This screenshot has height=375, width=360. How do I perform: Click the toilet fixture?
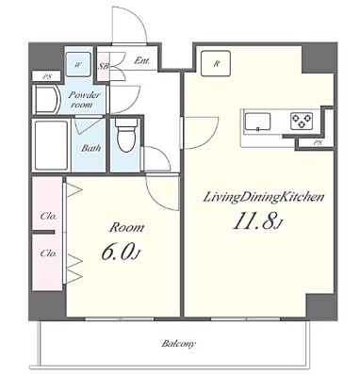coord(126,135)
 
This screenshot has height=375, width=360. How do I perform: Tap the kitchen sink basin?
coord(257,122)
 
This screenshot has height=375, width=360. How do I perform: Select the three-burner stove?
coord(302,121)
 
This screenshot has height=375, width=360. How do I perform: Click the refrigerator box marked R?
coord(216,64)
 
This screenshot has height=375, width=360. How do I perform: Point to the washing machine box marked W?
coord(78,64)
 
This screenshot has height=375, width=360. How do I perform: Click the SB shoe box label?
coord(104,66)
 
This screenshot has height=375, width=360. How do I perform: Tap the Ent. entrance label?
coord(141,60)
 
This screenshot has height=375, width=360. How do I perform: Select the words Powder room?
coord(84,100)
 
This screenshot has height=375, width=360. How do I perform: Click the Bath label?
coord(91,148)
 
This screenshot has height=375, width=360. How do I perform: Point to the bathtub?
coord(51,145)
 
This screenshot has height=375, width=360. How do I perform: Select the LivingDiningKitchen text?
coord(264,198)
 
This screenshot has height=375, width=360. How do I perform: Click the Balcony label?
coord(178,343)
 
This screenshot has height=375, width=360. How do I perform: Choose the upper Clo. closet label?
coord(48,217)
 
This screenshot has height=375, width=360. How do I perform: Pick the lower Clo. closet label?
coord(48,253)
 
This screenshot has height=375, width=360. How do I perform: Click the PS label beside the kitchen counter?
coord(318,143)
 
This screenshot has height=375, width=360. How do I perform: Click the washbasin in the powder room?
coord(47,100)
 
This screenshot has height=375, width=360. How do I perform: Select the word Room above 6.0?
coord(126,228)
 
